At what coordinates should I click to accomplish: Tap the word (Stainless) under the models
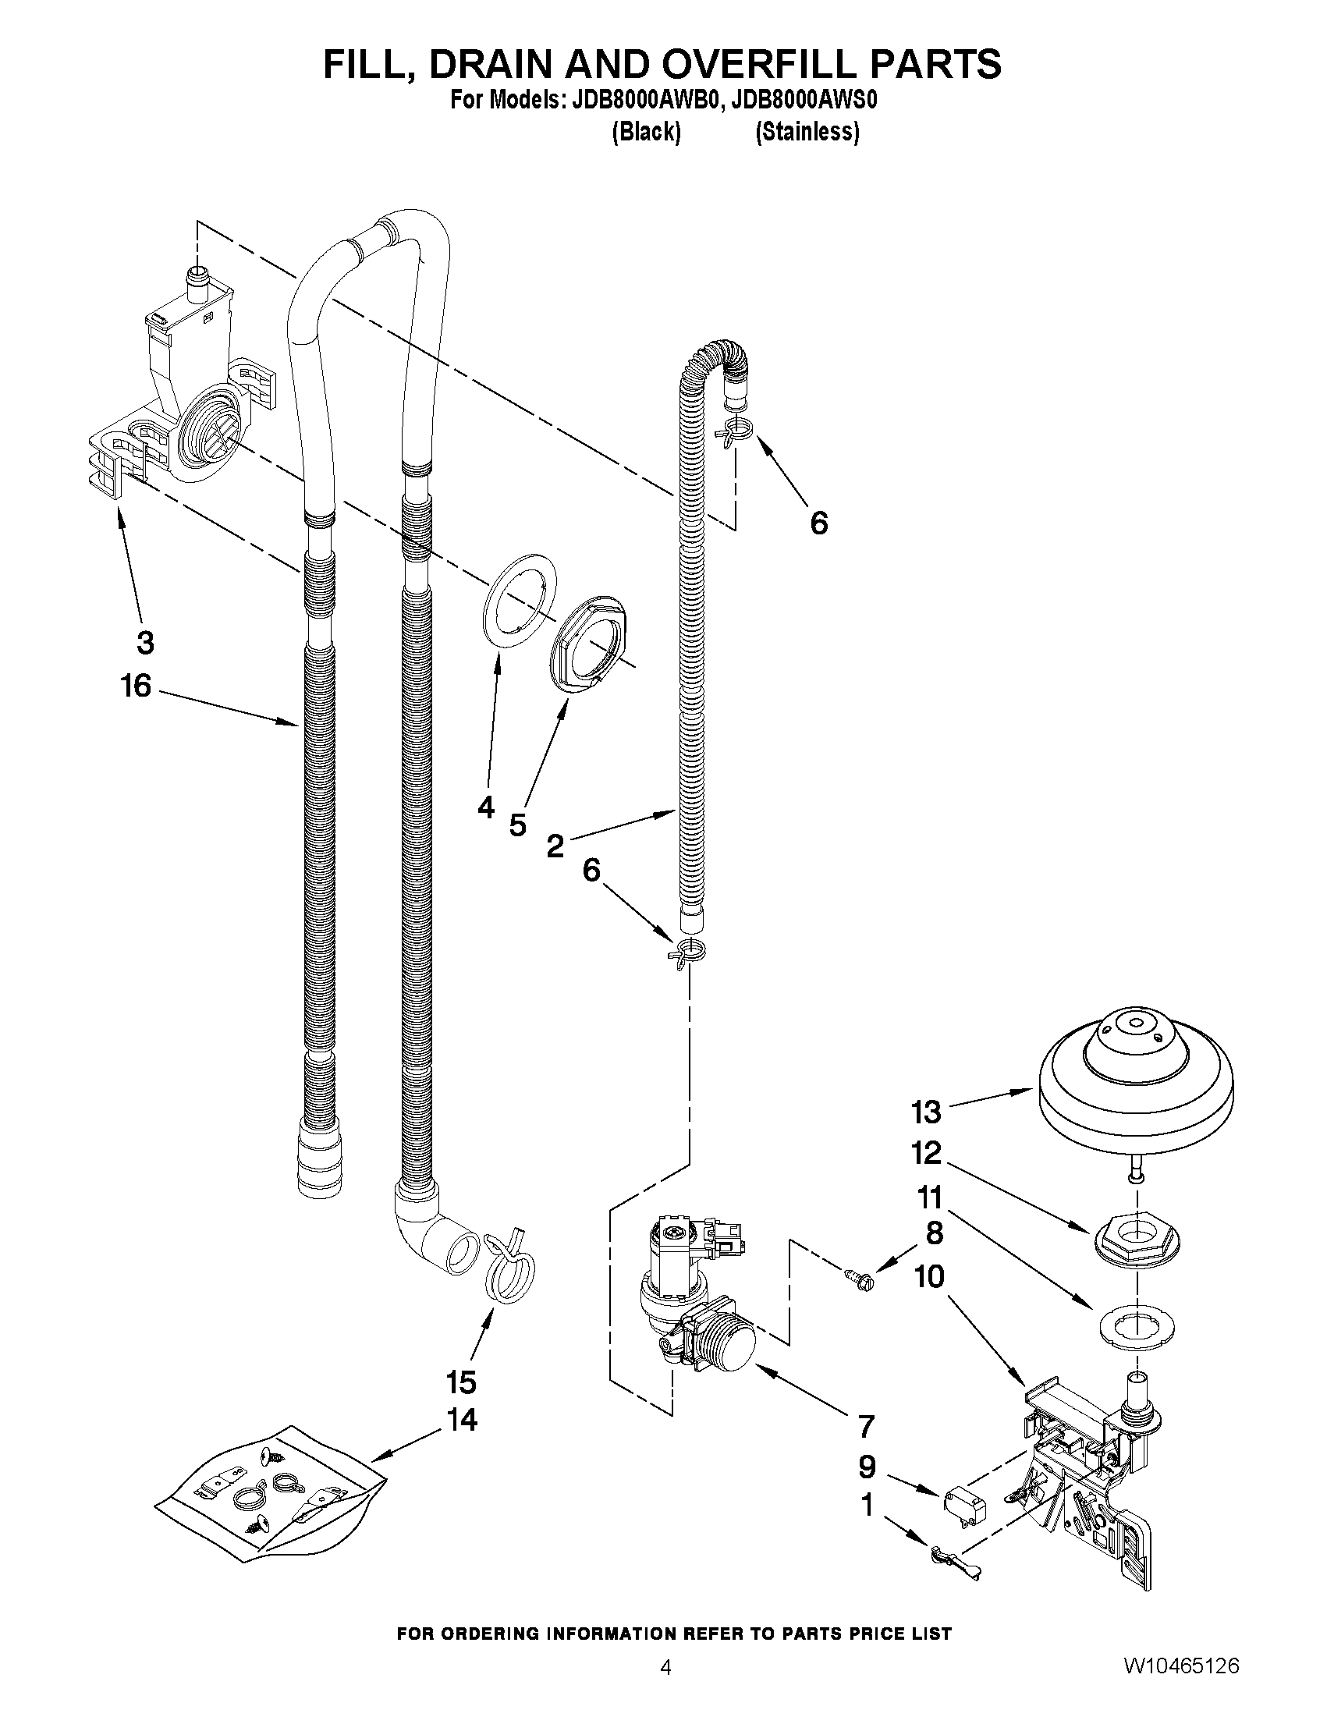tap(807, 131)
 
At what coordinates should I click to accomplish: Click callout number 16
tap(135, 686)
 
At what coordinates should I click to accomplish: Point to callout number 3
tap(144, 642)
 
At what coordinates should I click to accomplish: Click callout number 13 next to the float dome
tap(926, 1112)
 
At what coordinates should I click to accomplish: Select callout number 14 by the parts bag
tap(462, 1420)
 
